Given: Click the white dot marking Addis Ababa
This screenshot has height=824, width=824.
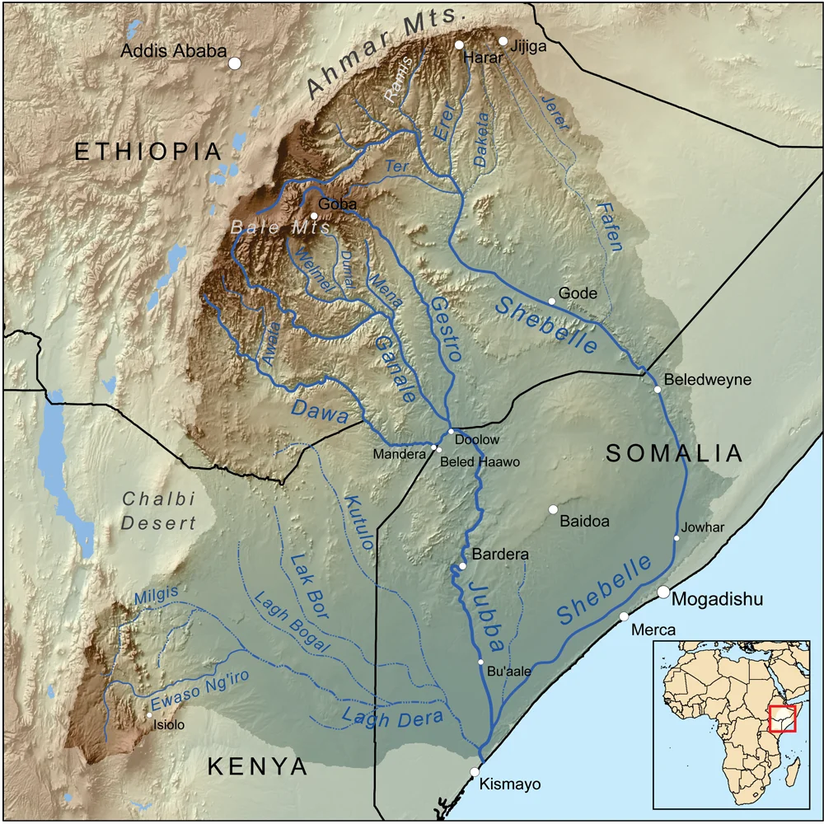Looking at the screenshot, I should click(235, 63).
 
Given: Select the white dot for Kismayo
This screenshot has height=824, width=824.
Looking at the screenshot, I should click(475, 771).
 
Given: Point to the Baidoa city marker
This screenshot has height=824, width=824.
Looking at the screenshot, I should click(553, 508).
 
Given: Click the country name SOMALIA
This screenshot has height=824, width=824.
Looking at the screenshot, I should click(675, 453).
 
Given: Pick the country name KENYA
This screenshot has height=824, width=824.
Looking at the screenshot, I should click(257, 767).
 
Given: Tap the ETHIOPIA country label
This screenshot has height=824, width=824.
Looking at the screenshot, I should click(148, 152).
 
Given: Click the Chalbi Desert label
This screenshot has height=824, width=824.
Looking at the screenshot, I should click(159, 511).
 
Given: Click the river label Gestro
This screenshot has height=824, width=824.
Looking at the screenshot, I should click(443, 330).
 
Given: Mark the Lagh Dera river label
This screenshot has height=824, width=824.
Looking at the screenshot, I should click(393, 716).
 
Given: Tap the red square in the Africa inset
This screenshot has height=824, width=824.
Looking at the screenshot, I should click(780, 719).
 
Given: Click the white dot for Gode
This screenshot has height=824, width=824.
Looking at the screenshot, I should click(552, 301).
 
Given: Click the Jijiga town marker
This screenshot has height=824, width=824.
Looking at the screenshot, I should click(503, 40).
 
